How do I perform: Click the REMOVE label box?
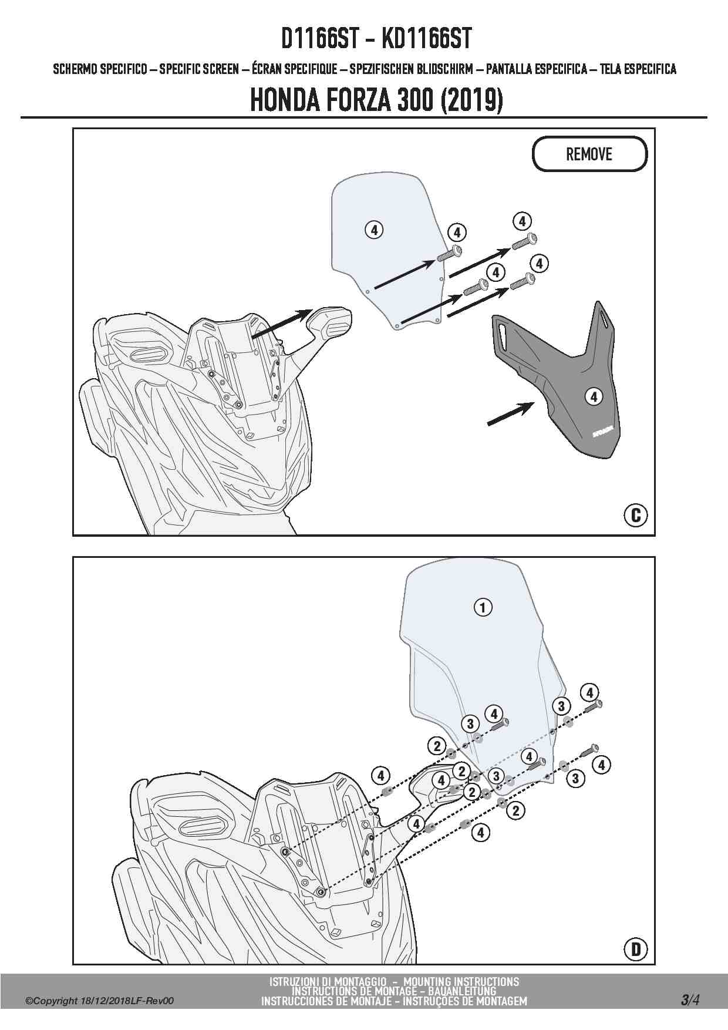click(589, 154)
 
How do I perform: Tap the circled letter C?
click(635, 515)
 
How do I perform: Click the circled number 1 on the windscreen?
click(483, 607)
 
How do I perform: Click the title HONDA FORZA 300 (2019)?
click(376, 101)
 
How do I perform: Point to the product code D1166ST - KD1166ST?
click(376, 39)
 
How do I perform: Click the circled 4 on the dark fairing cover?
click(594, 397)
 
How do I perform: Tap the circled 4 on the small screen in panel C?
click(374, 230)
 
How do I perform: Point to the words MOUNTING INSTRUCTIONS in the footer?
click(461, 982)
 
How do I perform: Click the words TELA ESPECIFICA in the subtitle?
click(638, 69)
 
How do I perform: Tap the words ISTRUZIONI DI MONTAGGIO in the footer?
click(328, 982)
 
